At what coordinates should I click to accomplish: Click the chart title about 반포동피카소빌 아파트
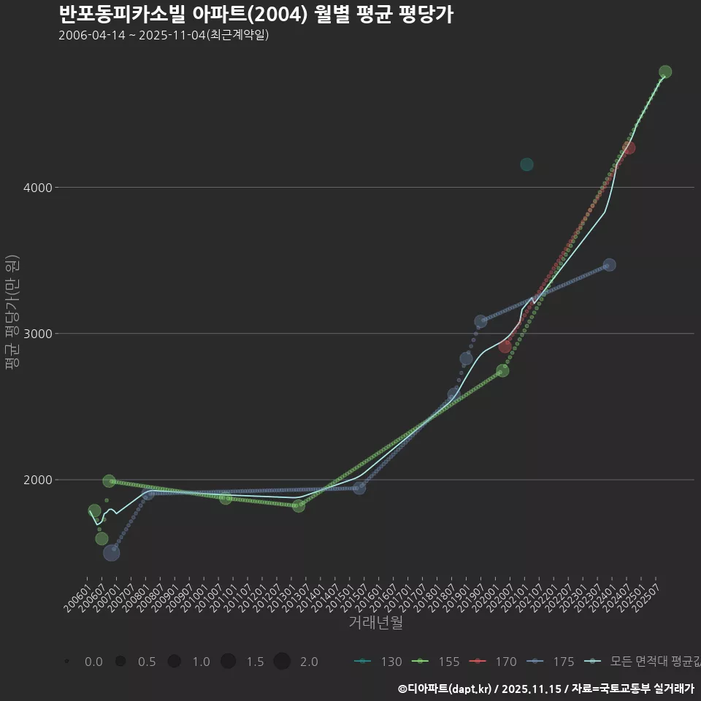pyautogui.click(x=256, y=14)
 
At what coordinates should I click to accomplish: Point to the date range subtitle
pyautogui.click(x=164, y=35)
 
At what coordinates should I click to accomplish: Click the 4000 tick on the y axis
pyautogui.click(x=37, y=188)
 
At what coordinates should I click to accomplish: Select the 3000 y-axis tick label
pyautogui.click(x=37, y=334)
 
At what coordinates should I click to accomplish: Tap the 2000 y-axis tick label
pyautogui.click(x=37, y=480)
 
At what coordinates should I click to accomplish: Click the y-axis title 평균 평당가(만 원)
pyautogui.click(x=11, y=314)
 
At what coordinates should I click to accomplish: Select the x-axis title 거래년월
pyautogui.click(x=375, y=623)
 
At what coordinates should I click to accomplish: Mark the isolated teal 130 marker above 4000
pyautogui.click(x=526, y=164)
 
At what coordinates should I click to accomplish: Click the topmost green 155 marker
pyautogui.click(x=665, y=72)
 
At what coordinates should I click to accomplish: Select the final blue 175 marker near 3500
pyautogui.click(x=609, y=265)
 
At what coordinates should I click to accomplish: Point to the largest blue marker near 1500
pyautogui.click(x=112, y=553)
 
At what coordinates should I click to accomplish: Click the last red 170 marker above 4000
pyautogui.click(x=629, y=148)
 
